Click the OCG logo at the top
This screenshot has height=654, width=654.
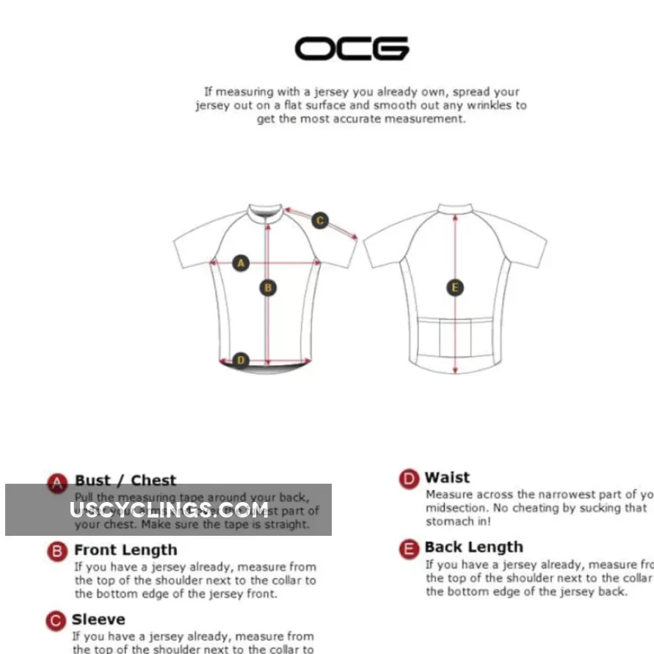(x=352, y=48)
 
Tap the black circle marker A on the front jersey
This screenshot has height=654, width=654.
(x=241, y=262)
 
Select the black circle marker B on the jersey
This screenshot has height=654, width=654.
(x=268, y=288)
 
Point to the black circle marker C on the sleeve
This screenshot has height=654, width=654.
(x=320, y=219)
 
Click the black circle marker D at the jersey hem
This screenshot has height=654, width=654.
(x=241, y=360)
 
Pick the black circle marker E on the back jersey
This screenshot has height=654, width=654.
(x=455, y=287)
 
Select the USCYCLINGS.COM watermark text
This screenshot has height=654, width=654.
(x=169, y=509)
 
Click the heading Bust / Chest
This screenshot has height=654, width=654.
(x=126, y=481)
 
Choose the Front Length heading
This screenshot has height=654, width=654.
(x=126, y=550)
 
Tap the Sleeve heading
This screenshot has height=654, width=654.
(x=98, y=620)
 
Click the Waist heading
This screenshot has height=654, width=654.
(x=447, y=477)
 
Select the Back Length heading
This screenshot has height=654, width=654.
(x=473, y=547)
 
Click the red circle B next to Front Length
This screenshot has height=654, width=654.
(x=57, y=551)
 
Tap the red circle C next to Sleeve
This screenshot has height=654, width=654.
(x=57, y=621)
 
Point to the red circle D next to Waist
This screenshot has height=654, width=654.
(x=409, y=479)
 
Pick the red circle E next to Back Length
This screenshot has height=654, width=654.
(x=409, y=548)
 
